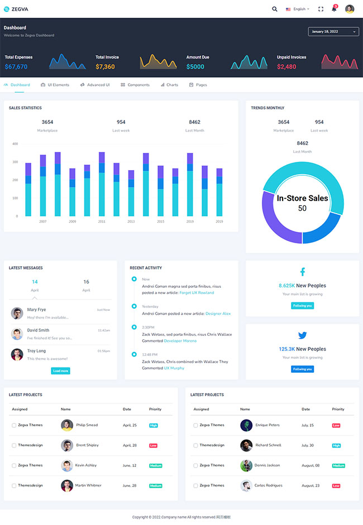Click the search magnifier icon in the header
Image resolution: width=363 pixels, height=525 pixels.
(x=274, y=9)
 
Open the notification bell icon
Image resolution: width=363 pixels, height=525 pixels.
(x=334, y=9)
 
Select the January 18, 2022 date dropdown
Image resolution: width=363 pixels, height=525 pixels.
(x=333, y=32)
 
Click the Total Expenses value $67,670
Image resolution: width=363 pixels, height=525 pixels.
(x=16, y=67)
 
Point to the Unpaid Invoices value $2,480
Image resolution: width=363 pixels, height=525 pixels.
(x=286, y=67)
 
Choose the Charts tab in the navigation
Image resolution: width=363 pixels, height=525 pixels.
(x=169, y=85)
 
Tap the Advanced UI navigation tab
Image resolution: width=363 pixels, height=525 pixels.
(x=95, y=85)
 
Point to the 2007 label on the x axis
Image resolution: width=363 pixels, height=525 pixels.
(x=43, y=221)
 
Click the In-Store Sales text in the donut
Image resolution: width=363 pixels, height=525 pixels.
(x=302, y=198)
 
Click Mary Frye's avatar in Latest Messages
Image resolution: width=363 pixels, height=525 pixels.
(x=17, y=313)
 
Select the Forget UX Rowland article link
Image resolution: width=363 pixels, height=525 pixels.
(x=197, y=293)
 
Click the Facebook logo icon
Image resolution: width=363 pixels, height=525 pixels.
(x=303, y=272)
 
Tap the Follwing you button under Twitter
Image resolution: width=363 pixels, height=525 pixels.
(x=302, y=369)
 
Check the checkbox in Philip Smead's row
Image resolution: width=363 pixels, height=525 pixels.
(x=14, y=425)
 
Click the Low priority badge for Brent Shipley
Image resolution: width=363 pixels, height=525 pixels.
(x=153, y=445)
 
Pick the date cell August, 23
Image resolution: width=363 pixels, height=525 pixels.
(x=311, y=485)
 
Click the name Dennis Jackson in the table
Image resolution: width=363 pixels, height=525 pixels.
(x=267, y=465)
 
